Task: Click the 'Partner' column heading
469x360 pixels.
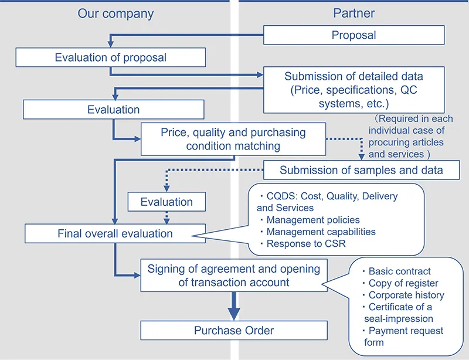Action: click(354, 13)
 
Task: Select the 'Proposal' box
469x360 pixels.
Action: click(354, 35)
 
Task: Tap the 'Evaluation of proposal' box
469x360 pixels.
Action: click(110, 57)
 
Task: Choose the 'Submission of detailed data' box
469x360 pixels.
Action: click(354, 90)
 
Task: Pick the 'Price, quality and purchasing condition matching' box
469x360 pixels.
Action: click(233, 139)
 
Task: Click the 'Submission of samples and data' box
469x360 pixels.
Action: click(361, 170)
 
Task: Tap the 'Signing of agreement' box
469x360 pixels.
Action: click(233, 275)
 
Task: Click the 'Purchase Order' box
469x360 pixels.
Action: click(233, 331)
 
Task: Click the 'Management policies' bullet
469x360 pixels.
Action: click(313, 220)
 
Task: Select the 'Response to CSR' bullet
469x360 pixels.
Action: click(306, 243)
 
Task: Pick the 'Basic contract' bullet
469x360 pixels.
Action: click(399, 271)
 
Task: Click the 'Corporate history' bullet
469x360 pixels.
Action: click(406, 295)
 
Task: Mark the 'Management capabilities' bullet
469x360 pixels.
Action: click(321, 232)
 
